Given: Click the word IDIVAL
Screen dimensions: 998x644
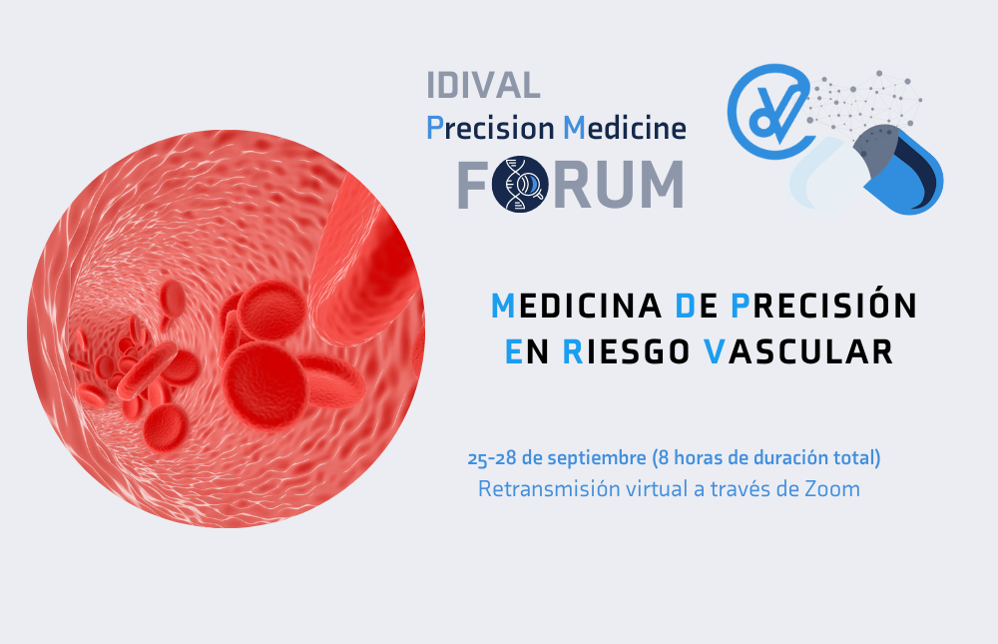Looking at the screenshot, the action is click(483, 85).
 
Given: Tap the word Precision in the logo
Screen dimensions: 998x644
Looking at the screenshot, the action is click(490, 128).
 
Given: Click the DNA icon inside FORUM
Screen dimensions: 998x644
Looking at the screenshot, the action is click(520, 184).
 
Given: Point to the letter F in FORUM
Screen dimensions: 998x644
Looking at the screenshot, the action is click(472, 185).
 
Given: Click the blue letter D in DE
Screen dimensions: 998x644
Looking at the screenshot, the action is click(686, 307).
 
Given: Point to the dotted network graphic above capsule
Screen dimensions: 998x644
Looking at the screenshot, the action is click(865, 102).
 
